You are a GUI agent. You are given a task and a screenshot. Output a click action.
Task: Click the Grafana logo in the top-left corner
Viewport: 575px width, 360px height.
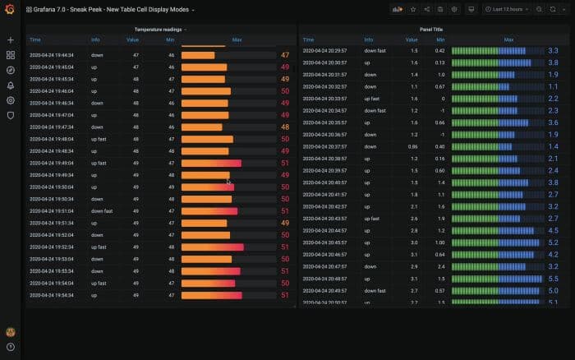(x=10, y=9)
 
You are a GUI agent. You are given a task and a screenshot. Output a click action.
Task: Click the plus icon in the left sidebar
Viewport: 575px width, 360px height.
(x=10, y=39)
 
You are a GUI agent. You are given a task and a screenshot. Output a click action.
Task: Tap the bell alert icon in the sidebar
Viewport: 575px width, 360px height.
(x=10, y=85)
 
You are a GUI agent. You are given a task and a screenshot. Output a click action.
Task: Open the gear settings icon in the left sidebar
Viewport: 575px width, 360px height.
(x=10, y=100)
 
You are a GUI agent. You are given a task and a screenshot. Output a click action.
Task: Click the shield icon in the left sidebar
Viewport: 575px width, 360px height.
(x=10, y=115)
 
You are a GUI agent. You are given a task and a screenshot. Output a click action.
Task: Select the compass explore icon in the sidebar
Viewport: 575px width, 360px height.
(x=10, y=70)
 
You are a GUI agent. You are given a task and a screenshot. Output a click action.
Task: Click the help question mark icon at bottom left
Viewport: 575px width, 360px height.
(x=10, y=347)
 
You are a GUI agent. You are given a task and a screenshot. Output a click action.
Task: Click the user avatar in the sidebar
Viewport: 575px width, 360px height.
(x=10, y=331)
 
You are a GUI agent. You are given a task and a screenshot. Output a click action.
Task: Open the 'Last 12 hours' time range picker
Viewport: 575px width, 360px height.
(x=507, y=9)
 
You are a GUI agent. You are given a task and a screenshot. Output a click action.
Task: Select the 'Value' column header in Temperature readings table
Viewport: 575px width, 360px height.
(x=132, y=39)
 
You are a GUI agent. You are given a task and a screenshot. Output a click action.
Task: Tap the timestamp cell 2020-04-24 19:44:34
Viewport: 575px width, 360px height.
(x=52, y=55)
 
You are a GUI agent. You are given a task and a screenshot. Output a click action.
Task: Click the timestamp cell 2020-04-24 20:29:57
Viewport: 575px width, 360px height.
(x=324, y=51)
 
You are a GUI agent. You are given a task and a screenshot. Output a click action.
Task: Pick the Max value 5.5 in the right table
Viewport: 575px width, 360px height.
(x=553, y=279)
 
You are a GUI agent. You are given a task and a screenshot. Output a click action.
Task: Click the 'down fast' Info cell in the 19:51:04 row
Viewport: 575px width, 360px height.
(x=102, y=210)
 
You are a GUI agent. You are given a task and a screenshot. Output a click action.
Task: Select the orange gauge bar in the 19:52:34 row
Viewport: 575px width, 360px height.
(x=212, y=247)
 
